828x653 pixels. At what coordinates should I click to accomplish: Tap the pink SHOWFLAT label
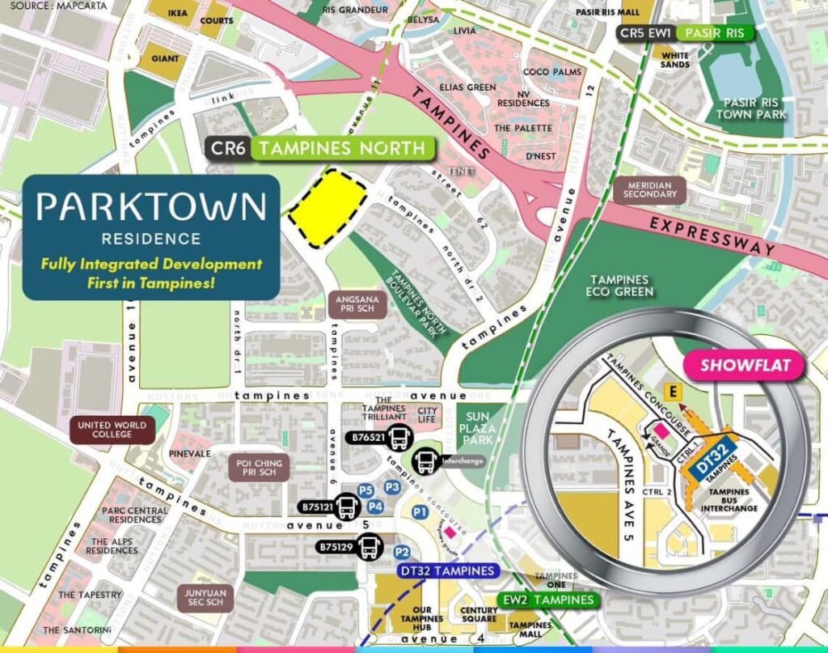tap(745, 365)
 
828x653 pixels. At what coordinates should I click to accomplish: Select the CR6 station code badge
tap(227, 148)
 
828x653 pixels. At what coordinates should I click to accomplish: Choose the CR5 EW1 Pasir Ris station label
tap(685, 33)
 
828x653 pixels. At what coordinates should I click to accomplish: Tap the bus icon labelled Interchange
tap(425, 461)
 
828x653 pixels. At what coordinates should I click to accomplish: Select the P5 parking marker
tap(365, 490)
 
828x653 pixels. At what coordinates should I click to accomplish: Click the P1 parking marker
tap(419, 512)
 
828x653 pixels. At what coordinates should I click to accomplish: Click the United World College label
tap(112, 430)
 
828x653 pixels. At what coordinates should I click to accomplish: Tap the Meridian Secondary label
tap(650, 189)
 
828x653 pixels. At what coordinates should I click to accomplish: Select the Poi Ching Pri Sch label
tap(260, 468)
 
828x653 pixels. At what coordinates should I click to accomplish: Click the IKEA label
tap(178, 13)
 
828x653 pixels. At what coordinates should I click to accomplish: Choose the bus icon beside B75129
tap(368, 548)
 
